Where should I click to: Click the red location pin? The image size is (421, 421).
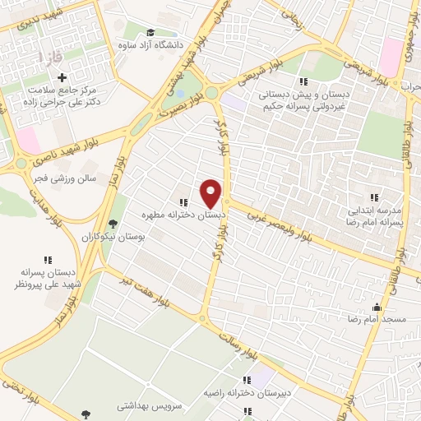(x=211, y=193)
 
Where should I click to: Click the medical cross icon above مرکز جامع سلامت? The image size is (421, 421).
(x=62, y=76)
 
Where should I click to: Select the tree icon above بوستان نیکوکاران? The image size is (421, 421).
(x=113, y=224)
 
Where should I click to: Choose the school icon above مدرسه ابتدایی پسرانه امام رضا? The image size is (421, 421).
(x=374, y=197)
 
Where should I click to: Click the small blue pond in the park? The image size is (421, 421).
(x=179, y=92)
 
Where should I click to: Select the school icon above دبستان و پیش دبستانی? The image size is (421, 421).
(x=303, y=81)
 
